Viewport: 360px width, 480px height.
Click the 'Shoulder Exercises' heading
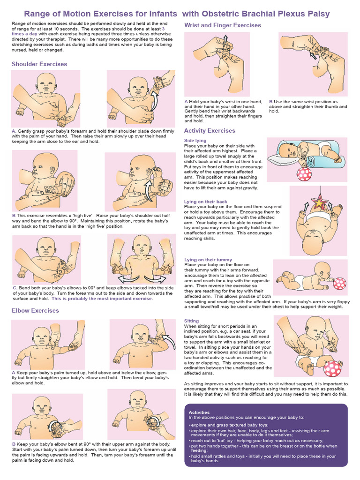(x=39, y=64)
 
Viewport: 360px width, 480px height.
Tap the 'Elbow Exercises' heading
(x=35, y=310)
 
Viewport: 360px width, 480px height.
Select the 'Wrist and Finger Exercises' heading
(x=223, y=25)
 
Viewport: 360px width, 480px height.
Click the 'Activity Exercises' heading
(x=210, y=131)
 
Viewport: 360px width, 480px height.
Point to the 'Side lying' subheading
(x=195, y=141)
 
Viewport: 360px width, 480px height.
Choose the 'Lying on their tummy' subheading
(x=208, y=260)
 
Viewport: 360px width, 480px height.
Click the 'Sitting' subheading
(x=191, y=321)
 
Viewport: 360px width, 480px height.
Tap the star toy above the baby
(x=319, y=202)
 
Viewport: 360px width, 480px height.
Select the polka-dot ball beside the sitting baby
(x=332, y=368)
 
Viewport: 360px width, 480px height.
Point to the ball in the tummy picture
(x=339, y=284)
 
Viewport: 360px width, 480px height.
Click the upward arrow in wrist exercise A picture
(x=225, y=40)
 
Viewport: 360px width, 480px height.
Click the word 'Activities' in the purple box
(x=199, y=412)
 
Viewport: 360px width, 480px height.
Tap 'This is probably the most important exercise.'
(x=102, y=299)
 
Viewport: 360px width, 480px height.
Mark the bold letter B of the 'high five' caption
(x=14, y=216)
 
